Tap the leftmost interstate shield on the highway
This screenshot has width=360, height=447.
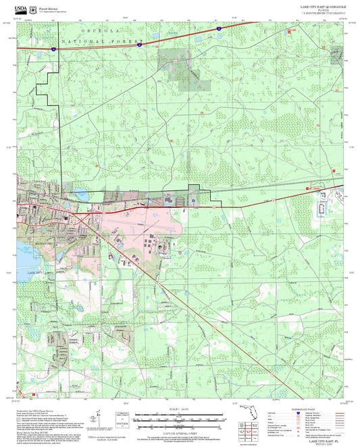(53, 49)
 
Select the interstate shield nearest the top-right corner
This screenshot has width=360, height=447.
(218, 29)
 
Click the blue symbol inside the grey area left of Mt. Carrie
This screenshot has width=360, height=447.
(193, 200)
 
